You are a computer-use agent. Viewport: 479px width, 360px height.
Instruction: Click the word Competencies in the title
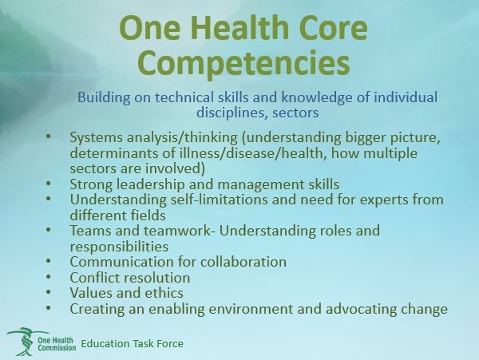tap(243, 64)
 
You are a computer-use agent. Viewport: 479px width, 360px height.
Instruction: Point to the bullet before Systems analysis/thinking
tap(48, 136)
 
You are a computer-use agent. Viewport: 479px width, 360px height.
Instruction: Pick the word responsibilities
tap(119, 247)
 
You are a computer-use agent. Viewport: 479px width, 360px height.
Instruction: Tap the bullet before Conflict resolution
tap(48, 276)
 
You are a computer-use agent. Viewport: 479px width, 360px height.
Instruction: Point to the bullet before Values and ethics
tap(48, 291)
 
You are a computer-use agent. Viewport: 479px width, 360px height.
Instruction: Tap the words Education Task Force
tap(132, 343)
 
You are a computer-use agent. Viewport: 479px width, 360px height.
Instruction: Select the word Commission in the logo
tap(57, 347)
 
